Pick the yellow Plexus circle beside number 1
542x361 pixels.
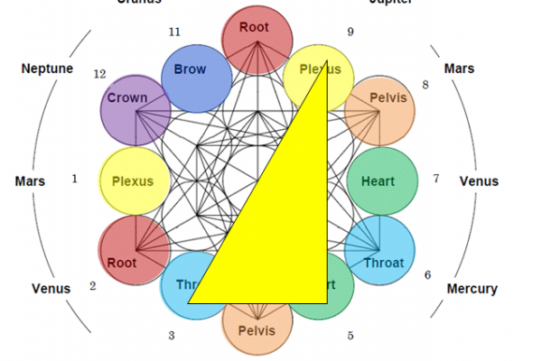(x=133, y=180)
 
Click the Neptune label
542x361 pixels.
(x=47, y=69)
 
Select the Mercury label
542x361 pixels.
(x=472, y=289)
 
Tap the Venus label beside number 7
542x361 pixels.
(x=479, y=180)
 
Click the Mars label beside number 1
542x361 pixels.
(x=30, y=180)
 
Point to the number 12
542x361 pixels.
(x=100, y=73)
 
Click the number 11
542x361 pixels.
(x=174, y=32)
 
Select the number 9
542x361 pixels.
(x=350, y=32)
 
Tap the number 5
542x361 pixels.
(x=350, y=336)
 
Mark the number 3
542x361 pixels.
(x=171, y=336)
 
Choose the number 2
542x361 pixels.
(x=92, y=286)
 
